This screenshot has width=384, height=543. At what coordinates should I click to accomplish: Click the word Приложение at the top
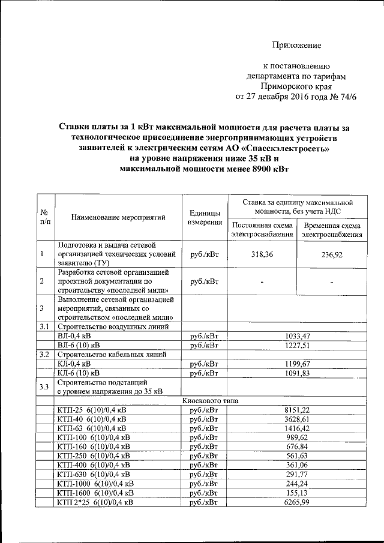pos(297,46)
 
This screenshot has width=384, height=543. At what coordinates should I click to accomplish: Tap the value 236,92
pos(331,254)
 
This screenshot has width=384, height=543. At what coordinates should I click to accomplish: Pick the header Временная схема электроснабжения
pos(332,229)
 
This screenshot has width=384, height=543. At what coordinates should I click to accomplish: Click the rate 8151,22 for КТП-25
pos(297,410)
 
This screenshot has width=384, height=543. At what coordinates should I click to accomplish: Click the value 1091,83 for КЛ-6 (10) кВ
pos(297,373)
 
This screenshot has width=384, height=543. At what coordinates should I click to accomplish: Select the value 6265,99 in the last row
pos(297,502)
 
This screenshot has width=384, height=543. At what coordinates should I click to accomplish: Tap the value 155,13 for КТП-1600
pos(297,493)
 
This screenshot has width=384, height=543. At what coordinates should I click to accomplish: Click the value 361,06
pos(297,464)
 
